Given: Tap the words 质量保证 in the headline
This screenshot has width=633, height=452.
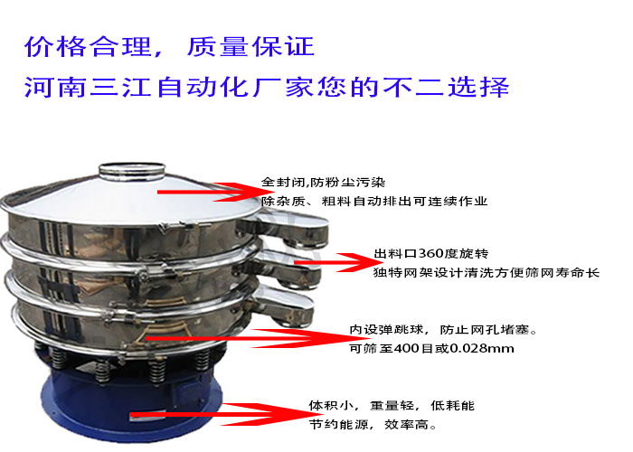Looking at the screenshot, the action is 250,47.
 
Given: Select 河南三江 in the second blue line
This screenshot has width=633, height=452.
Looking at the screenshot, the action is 88,87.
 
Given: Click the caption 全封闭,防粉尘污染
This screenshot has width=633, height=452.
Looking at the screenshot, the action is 324,183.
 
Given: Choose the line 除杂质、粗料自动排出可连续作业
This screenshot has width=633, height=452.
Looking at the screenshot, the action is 374,201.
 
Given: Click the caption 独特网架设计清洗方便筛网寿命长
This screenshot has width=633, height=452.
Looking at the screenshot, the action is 487,272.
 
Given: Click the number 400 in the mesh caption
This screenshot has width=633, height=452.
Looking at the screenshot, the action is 407,348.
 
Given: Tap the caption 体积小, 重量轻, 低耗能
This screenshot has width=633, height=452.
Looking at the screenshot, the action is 392,405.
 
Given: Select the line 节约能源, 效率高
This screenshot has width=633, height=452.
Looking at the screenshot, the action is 373,424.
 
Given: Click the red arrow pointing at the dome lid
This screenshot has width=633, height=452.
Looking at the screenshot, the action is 210,192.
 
